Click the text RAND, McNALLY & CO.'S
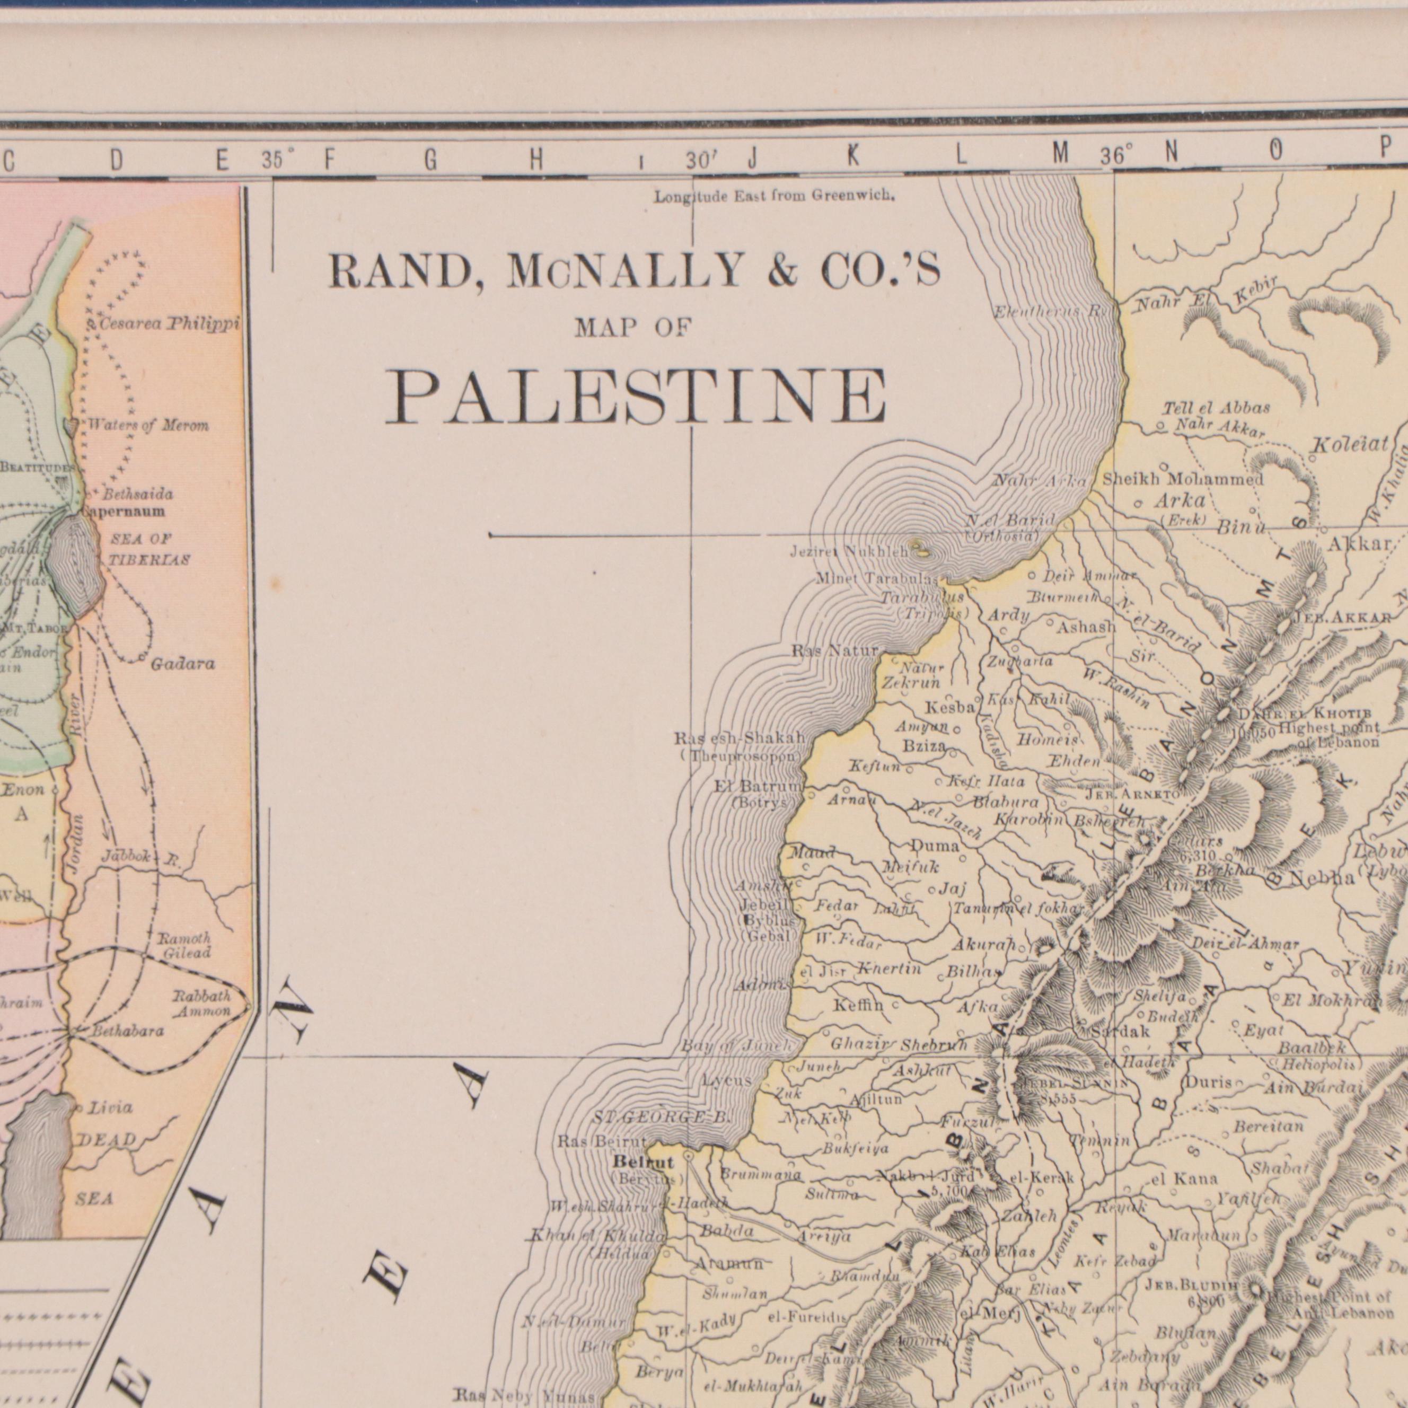634,272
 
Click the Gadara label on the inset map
183,664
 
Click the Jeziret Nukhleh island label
850,552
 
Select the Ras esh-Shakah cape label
740,738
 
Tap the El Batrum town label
758,786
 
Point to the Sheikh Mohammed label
1183,480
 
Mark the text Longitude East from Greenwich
774,196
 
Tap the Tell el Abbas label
1216,408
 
